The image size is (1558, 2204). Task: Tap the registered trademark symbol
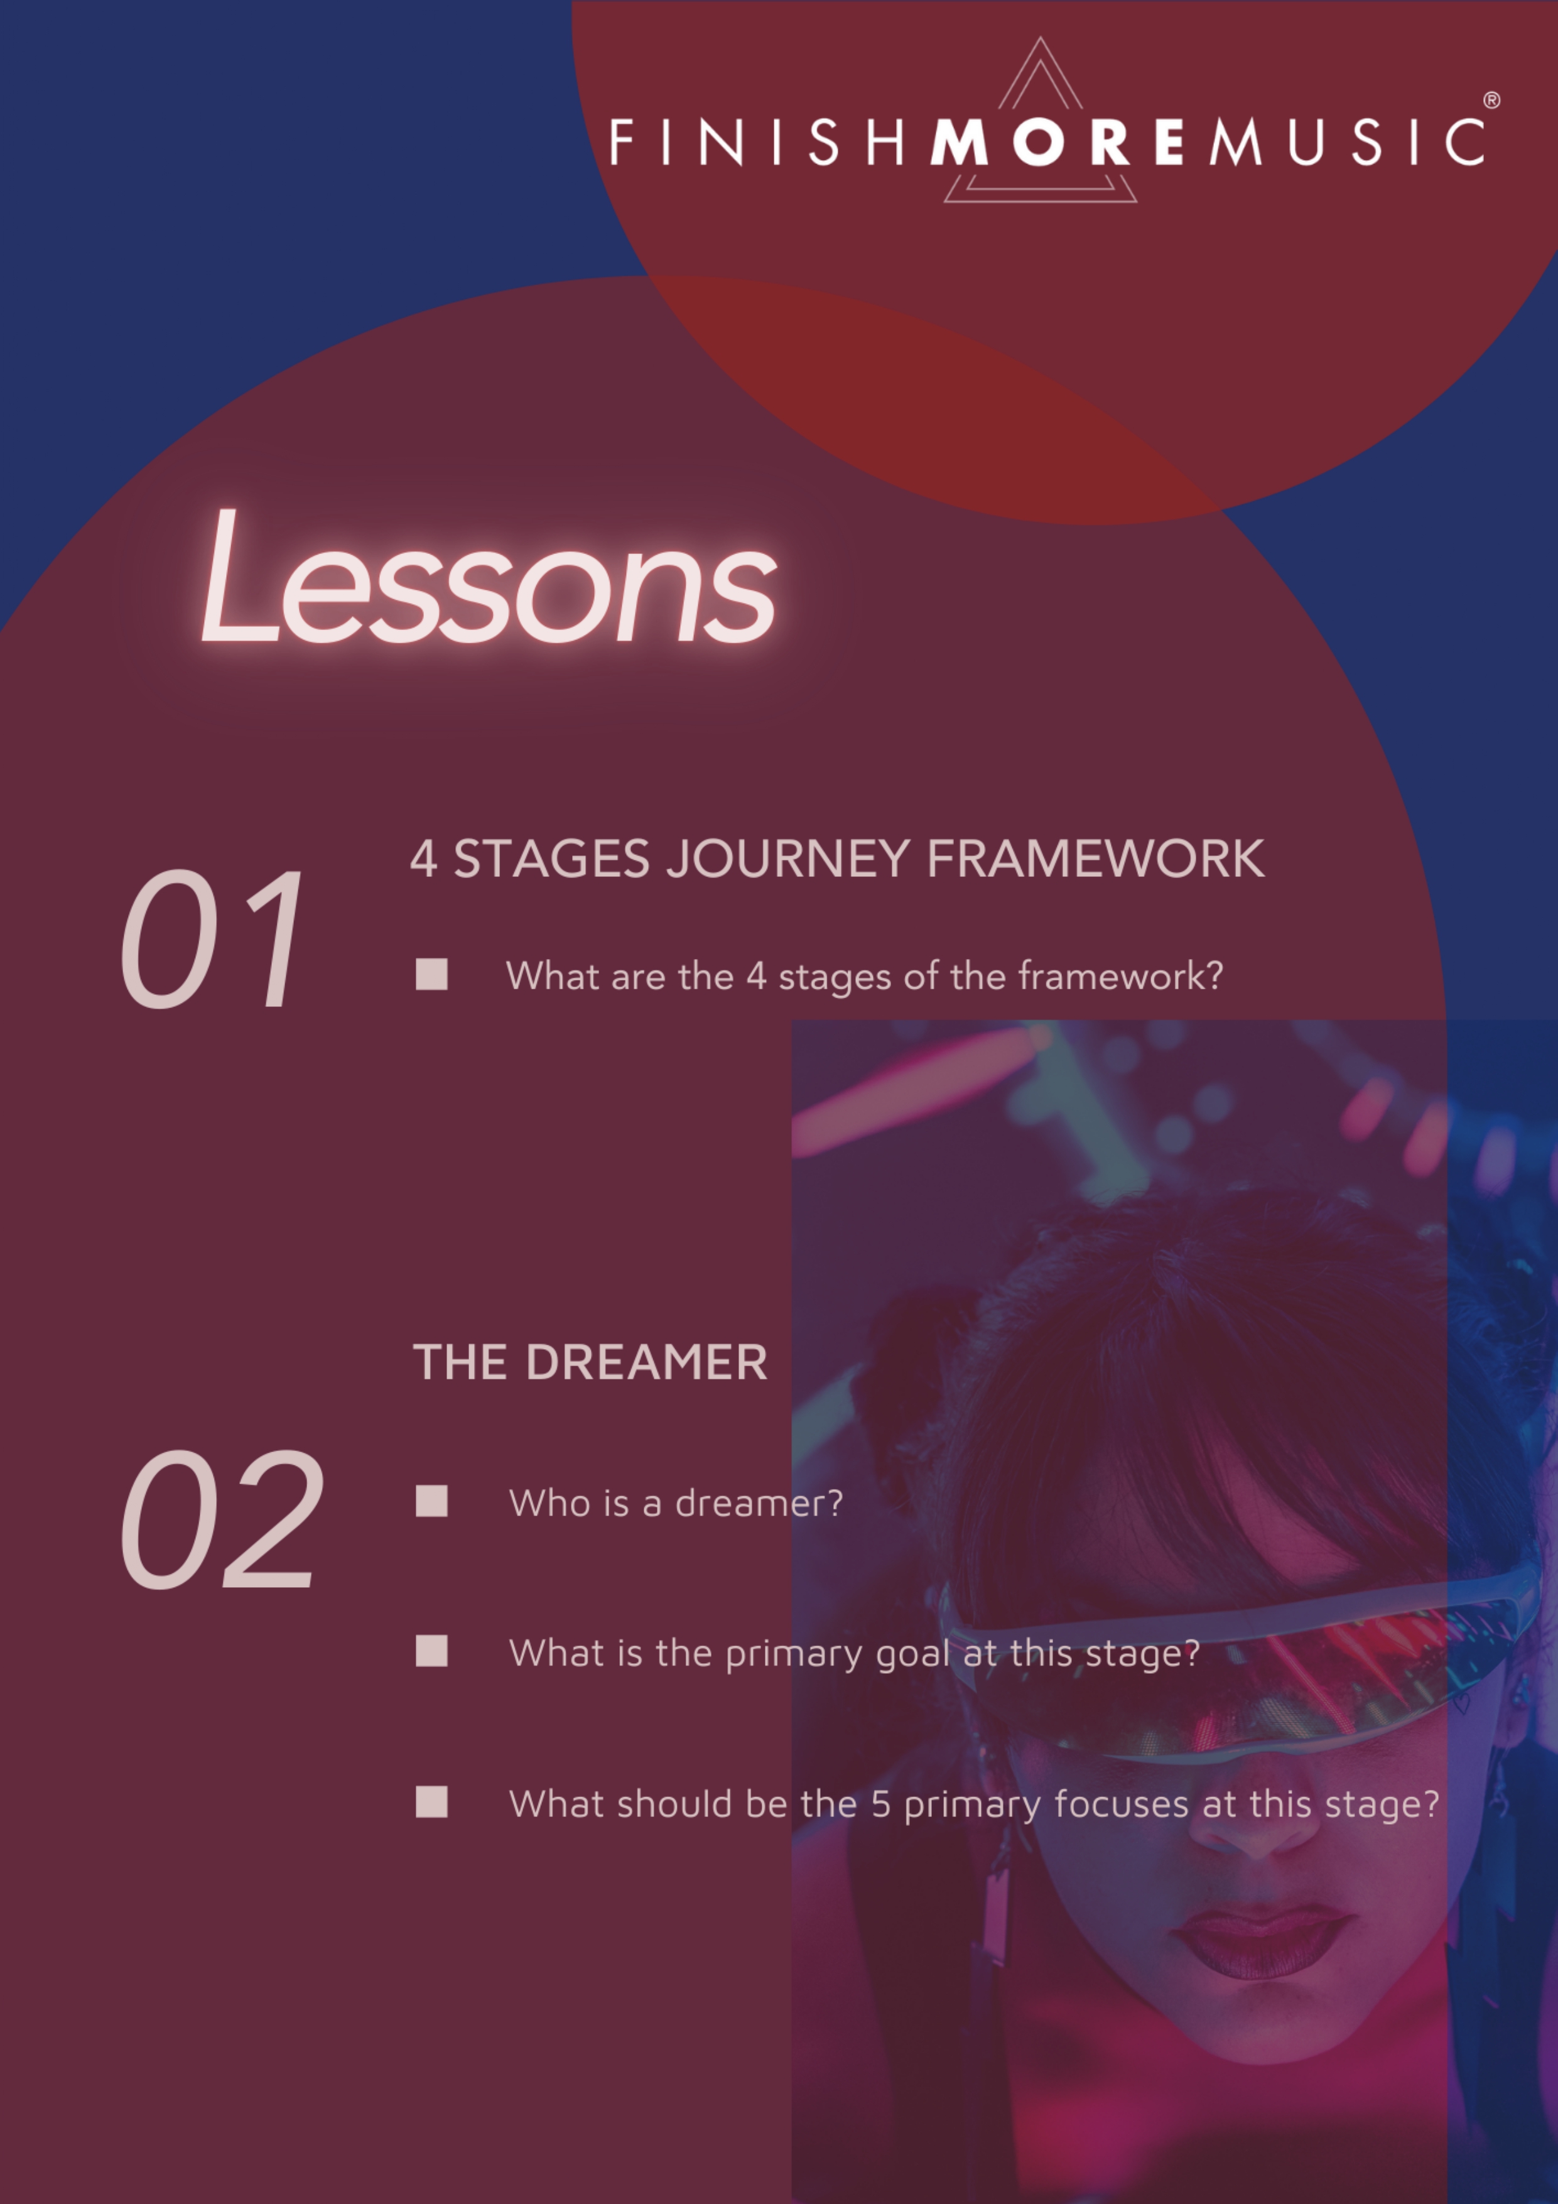tap(1492, 100)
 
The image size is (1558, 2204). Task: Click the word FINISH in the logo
tap(757, 142)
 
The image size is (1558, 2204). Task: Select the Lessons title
tap(489, 577)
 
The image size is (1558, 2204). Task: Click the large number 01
tap(211, 939)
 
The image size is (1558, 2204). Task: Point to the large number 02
tap(222, 1519)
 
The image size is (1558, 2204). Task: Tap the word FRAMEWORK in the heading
tap(1095, 859)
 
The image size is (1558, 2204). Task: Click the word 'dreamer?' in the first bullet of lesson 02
tap(759, 1503)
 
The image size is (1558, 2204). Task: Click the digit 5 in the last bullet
tap(880, 1805)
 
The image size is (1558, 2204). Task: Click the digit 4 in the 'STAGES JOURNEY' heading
tap(423, 860)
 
